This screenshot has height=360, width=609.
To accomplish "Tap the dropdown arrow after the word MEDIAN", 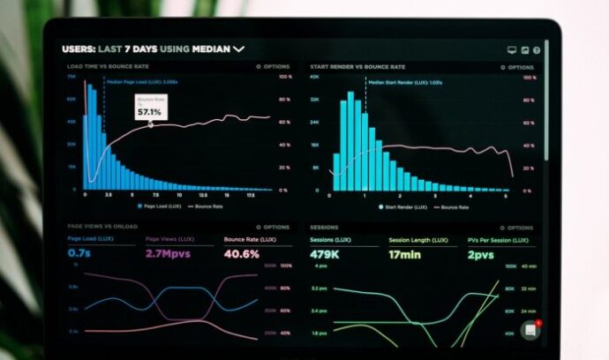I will (x=239, y=49).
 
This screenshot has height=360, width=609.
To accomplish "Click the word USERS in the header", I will (x=79, y=49).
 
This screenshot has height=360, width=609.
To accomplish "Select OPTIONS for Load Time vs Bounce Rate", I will (x=273, y=66).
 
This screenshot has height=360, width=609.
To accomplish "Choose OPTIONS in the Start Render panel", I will (x=518, y=66).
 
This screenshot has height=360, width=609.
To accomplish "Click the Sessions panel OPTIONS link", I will (x=518, y=227).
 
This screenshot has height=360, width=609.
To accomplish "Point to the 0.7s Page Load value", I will (x=79, y=254).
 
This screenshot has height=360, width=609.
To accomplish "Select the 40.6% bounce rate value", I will (x=241, y=254).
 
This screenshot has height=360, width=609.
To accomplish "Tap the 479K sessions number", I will (x=325, y=255).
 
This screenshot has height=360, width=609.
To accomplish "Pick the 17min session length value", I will (x=404, y=255).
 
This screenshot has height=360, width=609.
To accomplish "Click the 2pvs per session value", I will (x=480, y=255).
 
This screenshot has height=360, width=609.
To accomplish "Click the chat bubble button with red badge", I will (x=530, y=330).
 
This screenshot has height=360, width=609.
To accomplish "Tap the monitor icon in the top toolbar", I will (x=512, y=50).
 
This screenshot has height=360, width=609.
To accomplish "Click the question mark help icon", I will (x=538, y=50).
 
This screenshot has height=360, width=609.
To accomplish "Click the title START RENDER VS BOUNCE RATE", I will (x=357, y=66).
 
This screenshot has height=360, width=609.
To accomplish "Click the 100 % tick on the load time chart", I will (x=285, y=77).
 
